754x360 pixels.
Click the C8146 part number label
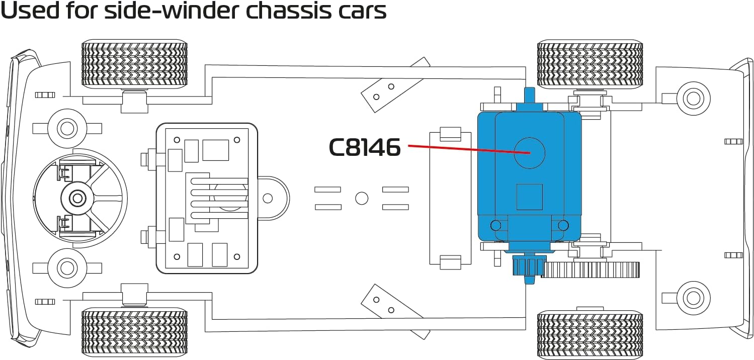click(365, 148)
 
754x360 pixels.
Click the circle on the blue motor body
click(529, 153)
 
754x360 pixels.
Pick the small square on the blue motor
click(529, 197)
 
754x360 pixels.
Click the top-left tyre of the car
click(134, 64)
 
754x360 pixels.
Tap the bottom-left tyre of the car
click(134, 332)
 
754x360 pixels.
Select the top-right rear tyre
click(590, 63)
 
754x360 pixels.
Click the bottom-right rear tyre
click(590, 334)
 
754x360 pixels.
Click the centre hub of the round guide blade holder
click(77, 198)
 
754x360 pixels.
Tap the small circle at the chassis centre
click(361, 198)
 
